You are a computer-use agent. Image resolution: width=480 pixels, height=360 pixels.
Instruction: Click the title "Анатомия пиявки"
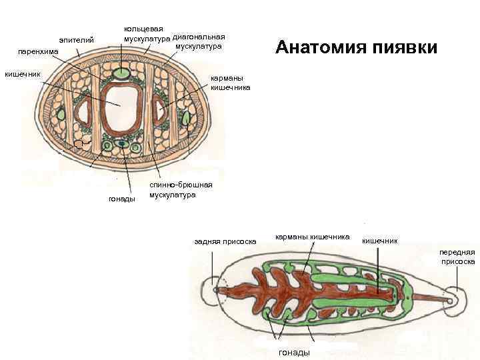pyautogui.click(x=356, y=47)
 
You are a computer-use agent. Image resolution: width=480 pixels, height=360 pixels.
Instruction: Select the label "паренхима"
pyautogui.click(x=38, y=51)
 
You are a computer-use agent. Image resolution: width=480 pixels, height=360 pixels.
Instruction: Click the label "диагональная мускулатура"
pyautogui.click(x=198, y=41)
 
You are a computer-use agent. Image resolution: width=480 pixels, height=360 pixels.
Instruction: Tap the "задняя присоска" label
pyautogui.click(x=225, y=241)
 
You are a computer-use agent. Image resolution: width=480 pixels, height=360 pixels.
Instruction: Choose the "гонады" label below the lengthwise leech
pyautogui.click(x=293, y=352)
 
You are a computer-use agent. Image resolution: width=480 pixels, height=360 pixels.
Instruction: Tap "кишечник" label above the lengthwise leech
pyautogui.click(x=379, y=240)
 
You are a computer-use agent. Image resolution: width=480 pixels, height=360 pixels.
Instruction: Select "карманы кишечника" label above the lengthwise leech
pyautogui.click(x=313, y=237)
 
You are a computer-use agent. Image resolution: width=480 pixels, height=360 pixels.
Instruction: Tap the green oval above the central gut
pyautogui.click(x=122, y=71)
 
